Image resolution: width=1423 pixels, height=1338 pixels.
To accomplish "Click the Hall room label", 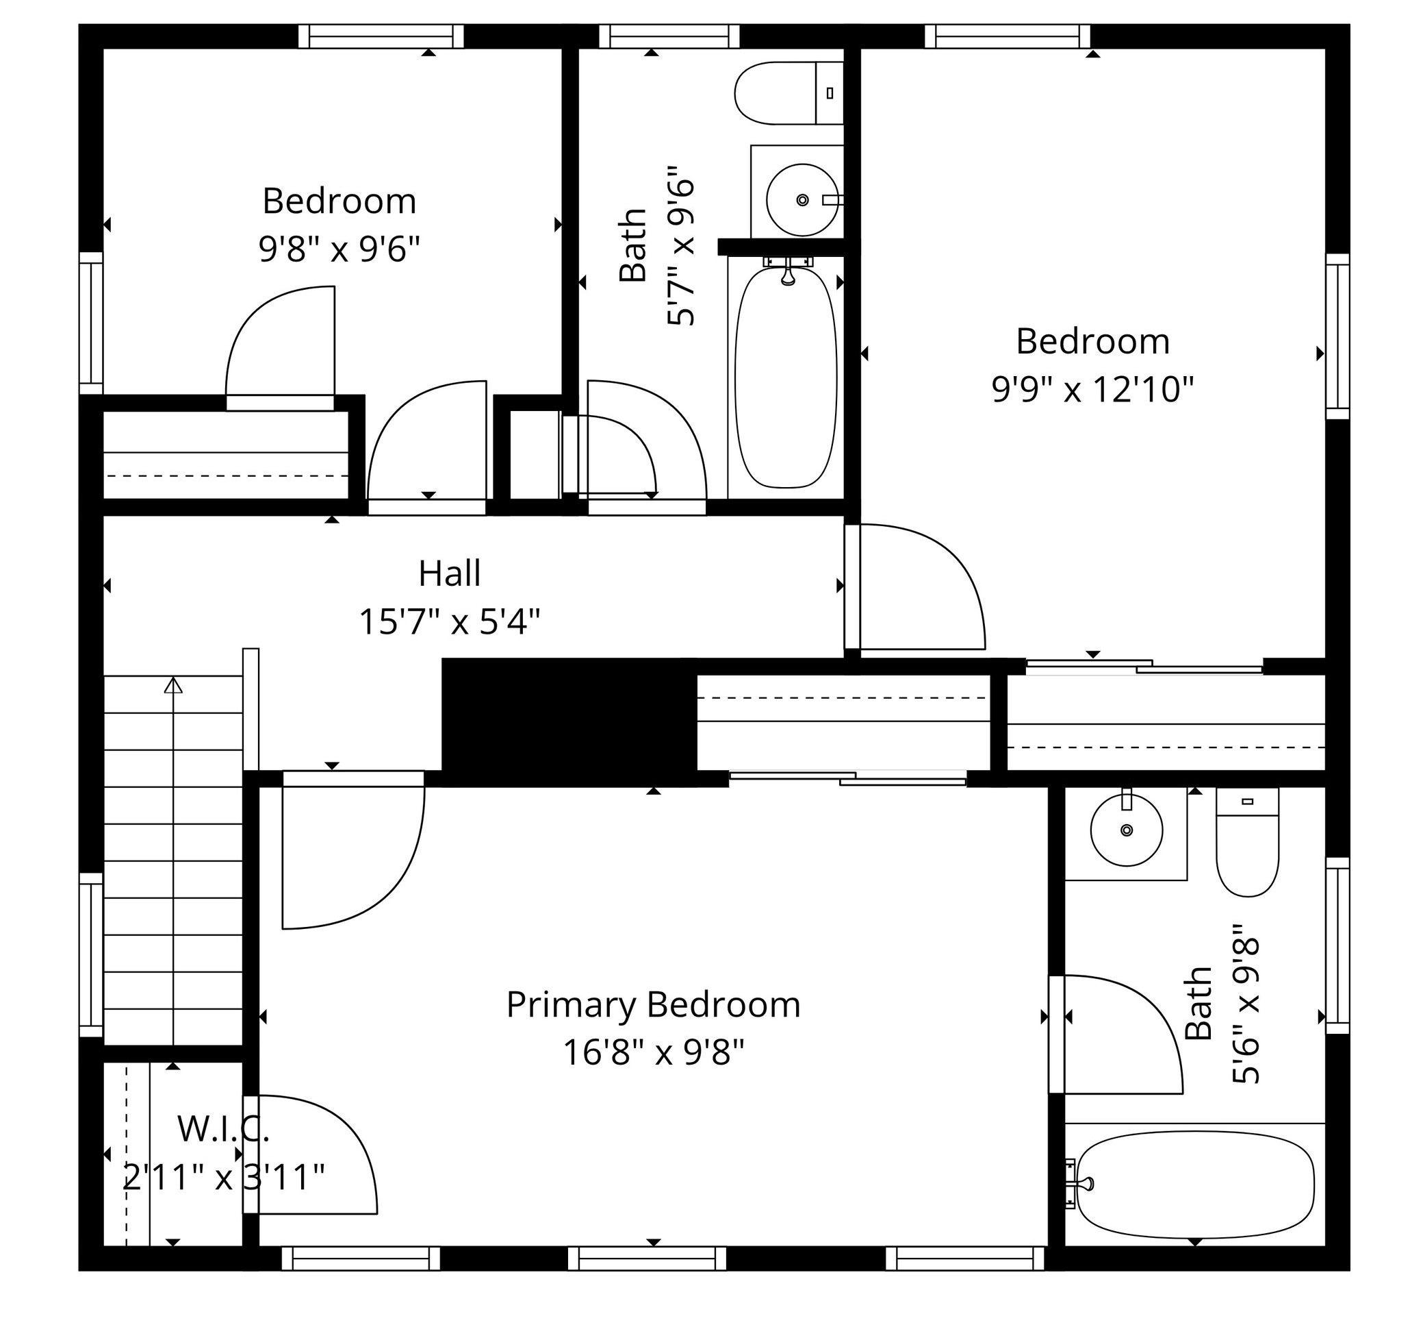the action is pyautogui.click(x=450, y=573).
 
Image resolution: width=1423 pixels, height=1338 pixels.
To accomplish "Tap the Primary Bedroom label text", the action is pyautogui.click(x=653, y=1005).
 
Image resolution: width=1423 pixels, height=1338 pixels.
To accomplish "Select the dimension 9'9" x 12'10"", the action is pyautogui.click(x=1092, y=390).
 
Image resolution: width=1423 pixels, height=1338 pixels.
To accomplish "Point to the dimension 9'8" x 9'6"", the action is pyautogui.click(x=339, y=249).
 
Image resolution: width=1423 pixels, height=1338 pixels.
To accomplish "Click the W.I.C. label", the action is pyautogui.click(x=223, y=1130).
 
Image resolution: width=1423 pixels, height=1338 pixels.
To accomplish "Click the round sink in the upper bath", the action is pyautogui.click(x=802, y=200).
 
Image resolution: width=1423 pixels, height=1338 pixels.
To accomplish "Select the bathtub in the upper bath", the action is pyautogui.click(x=786, y=377).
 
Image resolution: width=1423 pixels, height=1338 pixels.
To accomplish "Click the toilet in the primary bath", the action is pyautogui.click(x=1247, y=841).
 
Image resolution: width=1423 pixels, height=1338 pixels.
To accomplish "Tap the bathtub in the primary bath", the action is pyautogui.click(x=1195, y=1185).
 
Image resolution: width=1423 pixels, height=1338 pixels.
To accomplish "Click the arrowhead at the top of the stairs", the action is pyautogui.click(x=173, y=685).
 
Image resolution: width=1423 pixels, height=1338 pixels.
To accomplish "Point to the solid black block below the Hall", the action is pyautogui.click(x=569, y=722).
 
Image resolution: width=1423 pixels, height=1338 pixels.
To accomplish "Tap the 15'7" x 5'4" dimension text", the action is pyautogui.click(x=450, y=621).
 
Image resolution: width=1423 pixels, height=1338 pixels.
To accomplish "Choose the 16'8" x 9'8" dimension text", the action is pyautogui.click(x=654, y=1053).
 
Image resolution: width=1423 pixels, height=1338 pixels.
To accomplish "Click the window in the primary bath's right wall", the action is pyautogui.click(x=1338, y=945).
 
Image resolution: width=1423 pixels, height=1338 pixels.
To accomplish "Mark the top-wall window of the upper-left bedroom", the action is pyautogui.click(x=381, y=36).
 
